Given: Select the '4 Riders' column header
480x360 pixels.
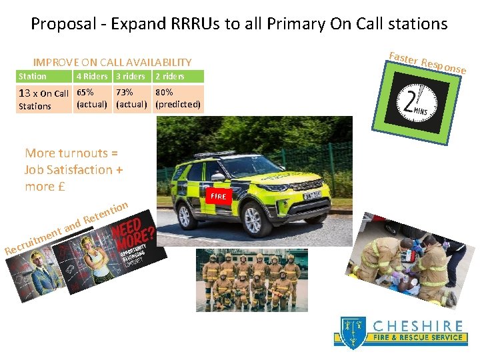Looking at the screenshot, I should (92, 76).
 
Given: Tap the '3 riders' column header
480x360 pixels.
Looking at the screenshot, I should (130, 76).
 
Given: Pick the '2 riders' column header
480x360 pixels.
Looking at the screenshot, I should (169, 76).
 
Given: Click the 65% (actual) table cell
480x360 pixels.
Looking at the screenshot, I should (92, 98).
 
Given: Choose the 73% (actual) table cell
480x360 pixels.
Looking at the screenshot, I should (131, 98).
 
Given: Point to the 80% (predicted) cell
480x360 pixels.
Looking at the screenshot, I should (177, 98).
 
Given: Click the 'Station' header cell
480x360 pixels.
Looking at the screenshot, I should (33, 76).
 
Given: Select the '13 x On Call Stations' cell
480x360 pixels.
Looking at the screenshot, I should (43, 99).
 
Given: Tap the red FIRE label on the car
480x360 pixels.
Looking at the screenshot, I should (219, 197).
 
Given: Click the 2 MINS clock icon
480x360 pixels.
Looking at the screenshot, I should (419, 103).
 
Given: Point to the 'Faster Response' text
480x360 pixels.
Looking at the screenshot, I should (427, 61).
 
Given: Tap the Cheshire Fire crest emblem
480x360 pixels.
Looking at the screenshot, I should (351, 332).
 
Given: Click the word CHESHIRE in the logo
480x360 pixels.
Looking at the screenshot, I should (418, 326).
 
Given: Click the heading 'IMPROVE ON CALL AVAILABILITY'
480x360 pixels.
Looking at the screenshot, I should (113, 62).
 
